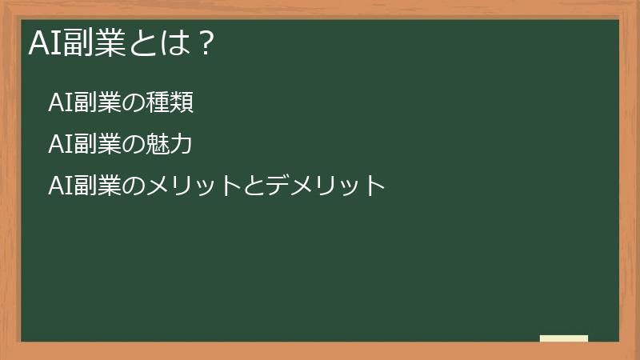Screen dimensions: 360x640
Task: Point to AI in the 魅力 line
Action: click(59, 144)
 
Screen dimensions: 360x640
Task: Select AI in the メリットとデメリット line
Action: click(59, 186)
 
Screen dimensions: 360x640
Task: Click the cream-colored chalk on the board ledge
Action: click(564, 338)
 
